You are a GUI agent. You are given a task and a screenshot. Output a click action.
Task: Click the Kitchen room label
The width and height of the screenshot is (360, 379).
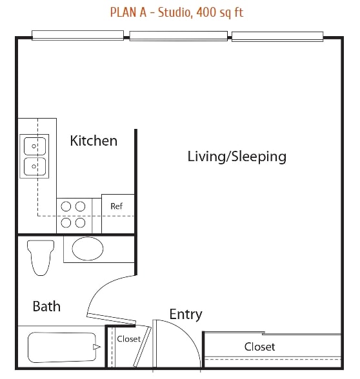tap(94, 141)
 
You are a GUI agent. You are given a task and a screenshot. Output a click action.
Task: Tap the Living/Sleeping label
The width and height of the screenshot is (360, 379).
tap(237, 156)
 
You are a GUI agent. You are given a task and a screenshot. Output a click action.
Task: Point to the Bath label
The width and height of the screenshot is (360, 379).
tap(46, 306)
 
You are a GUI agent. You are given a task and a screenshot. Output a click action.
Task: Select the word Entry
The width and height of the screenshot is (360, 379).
tap(186, 315)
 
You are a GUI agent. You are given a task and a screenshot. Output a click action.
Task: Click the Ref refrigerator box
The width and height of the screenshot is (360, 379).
tap(117, 206)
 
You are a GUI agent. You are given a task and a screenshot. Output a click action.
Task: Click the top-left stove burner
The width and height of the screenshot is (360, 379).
tap(66, 206)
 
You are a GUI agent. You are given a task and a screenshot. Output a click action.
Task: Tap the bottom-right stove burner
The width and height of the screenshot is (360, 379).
tap(80, 223)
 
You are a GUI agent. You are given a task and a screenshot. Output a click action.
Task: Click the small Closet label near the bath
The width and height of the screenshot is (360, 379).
tap(128, 339)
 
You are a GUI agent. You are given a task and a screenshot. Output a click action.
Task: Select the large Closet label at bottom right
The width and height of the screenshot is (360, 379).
tap(259, 347)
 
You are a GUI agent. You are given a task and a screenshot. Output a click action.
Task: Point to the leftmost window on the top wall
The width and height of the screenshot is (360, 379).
tap(79, 35)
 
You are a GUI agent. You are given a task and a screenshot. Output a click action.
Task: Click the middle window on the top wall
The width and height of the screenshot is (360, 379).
tap(179, 35)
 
